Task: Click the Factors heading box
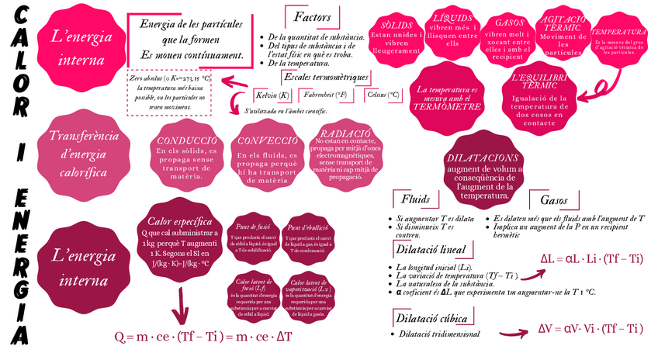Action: tap(312, 17)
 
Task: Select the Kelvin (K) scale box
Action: tap(272, 95)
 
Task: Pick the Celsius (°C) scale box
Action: tap(383, 95)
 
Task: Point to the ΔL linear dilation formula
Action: tap(590, 259)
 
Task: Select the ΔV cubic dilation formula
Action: tap(591, 328)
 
